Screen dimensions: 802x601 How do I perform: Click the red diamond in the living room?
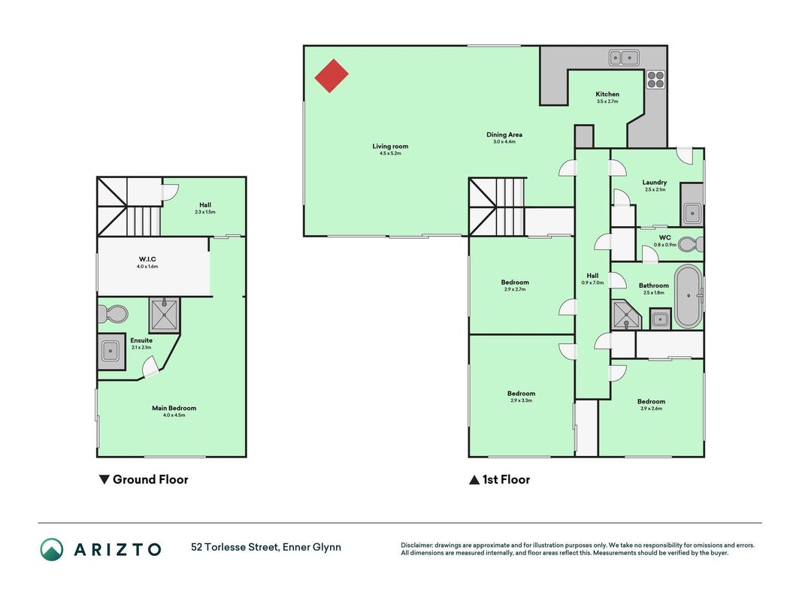331,76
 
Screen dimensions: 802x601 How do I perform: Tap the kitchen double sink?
624,58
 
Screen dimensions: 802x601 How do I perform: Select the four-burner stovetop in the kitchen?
655,79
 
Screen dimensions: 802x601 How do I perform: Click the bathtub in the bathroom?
689,297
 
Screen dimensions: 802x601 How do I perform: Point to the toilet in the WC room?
691,244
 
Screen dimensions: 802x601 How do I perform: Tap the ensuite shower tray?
164,314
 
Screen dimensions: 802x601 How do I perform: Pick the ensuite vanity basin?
110,351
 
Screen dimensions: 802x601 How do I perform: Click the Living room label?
390,146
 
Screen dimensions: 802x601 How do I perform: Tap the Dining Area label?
504,134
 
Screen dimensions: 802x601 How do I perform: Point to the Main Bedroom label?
174,408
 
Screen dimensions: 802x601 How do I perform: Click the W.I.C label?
147,259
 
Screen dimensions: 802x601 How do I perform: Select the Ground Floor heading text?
150,479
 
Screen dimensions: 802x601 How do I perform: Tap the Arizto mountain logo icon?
52,549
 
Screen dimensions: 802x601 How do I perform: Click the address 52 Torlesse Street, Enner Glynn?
266,547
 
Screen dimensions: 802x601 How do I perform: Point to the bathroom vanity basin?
661,319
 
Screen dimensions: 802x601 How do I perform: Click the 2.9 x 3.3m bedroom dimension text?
521,400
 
